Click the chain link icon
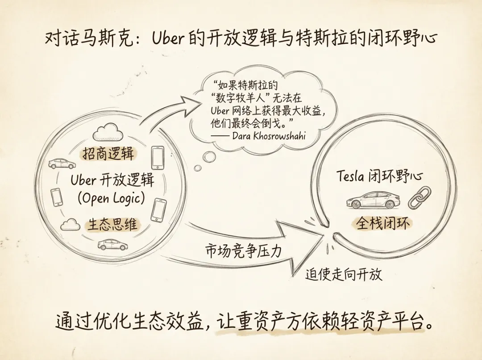pyautogui.click(x=420, y=198)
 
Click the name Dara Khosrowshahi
pyautogui.click(x=269, y=135)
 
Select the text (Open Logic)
pyautogui.click(x=112, y=198)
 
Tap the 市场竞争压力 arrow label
pyautogui.click(x=243, y=250)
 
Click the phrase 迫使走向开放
pyautogui.click(x=344, y=274)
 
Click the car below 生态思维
pyautogui.click(x=112, y=244)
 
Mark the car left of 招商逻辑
pyautogui.click(x=62, y=163)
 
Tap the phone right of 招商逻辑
pyautogui.click(x=158, y=158)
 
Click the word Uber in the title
pyautogui.click(x=168, y=38)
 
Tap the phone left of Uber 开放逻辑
pyautogui.click(x=56, y=197)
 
